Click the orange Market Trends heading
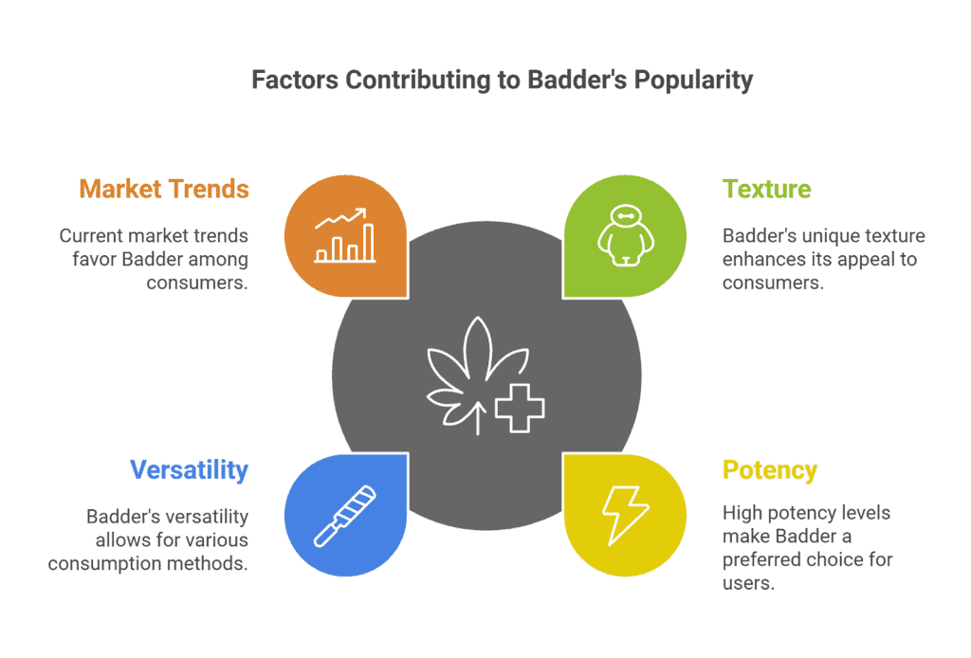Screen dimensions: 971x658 pyautogui.click(x=164, y=189)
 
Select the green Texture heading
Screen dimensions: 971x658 pyautogui.click(x=766, y=189)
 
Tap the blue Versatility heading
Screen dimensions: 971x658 pyautogui.click(x=189, y=470)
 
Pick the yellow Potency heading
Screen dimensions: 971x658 pyautogui.click(x=770, y=470)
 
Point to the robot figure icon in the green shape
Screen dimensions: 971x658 pyautogui.click(x=626, y=236)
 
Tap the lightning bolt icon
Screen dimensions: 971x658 pyautogui.click(x=626, y=516)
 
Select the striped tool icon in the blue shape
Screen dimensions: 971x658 pyautogui.click(x=345, y=516)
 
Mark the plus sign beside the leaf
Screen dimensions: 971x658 pyautogui.click(x=520, y=408)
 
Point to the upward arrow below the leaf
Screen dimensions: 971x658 pyautogui.click(x=478, y=418)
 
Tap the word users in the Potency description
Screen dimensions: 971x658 pyautogui.click(x=749, y=583)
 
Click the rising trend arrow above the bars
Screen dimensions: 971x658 pyautogui.click(x=340, y=218)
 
